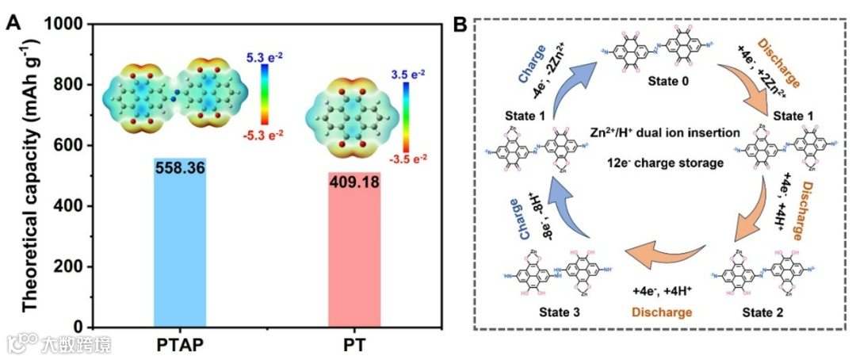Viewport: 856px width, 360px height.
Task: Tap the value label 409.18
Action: click(354, 182)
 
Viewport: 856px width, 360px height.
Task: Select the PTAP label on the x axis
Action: click(180, 346)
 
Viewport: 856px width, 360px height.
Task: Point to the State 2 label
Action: click(763, 312)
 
